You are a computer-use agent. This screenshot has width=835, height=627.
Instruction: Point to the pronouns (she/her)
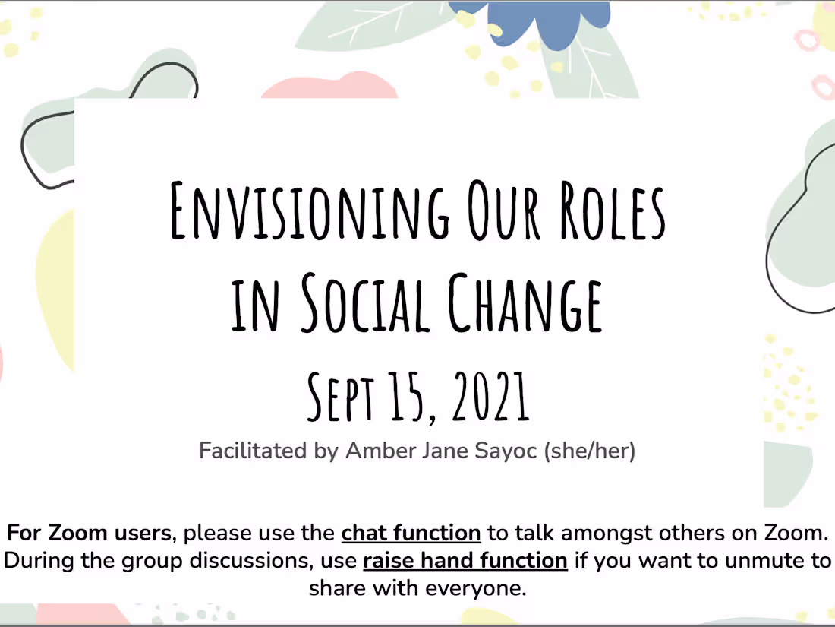590,451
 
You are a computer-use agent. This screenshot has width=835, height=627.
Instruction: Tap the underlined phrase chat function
411,533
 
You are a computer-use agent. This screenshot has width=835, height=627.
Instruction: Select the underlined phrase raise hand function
465,561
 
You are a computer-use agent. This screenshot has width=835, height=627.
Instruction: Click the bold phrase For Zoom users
89,533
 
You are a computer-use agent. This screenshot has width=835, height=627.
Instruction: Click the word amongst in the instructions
612,533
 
